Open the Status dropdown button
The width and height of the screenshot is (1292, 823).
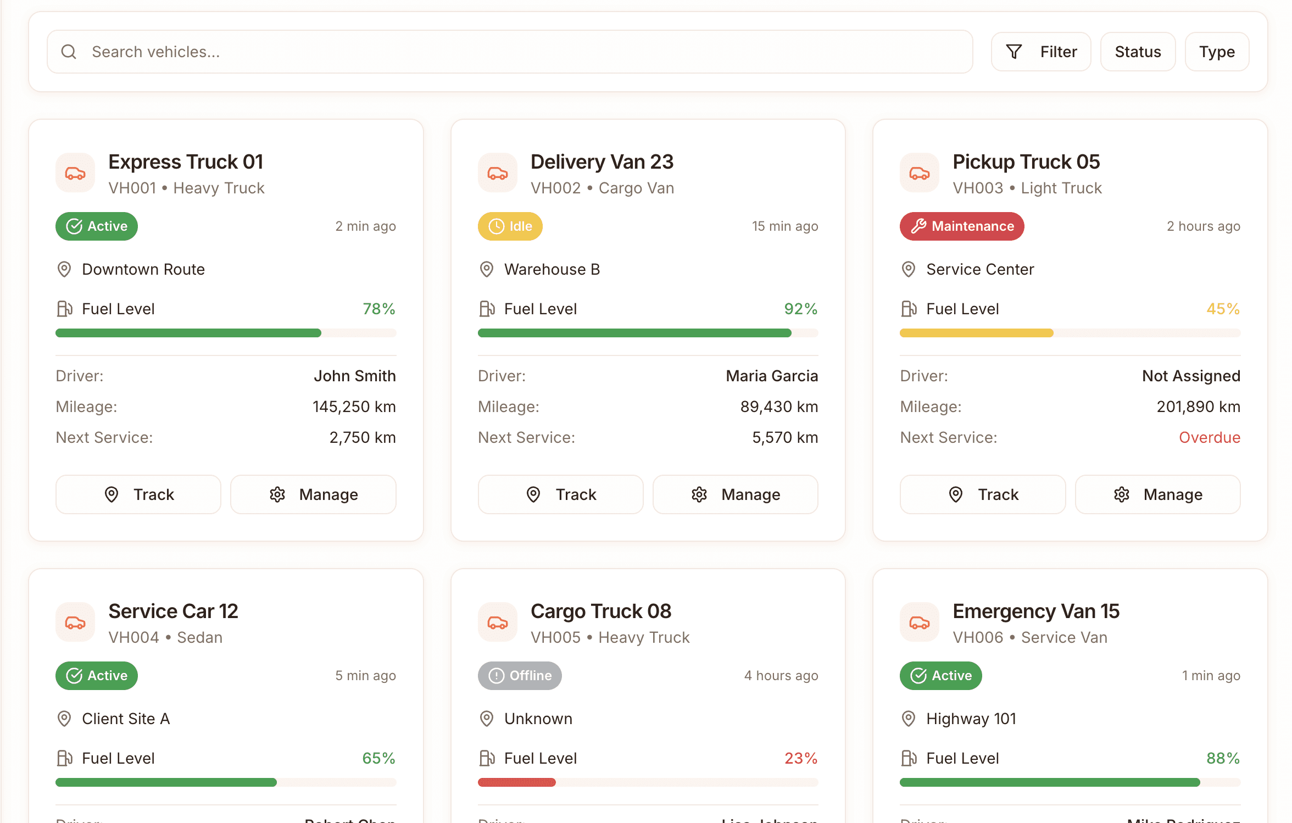pyautogui.click(x=1137, y=52)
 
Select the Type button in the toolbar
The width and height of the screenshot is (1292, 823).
pyautogui.click(x=1216, y=52)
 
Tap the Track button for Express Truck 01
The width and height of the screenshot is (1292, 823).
pyautogui.click(x=138, y=494)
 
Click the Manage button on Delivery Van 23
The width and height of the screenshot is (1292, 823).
pyautogui.click(x=735, y=494)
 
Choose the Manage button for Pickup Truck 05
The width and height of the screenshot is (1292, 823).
pyautogui.click(x=1157, y=494)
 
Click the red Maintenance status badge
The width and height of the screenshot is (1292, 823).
pyautogui.click(x=961, y=226)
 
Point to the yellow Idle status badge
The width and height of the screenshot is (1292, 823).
pyautogui.click(x=510, y=226)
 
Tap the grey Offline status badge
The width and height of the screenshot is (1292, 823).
pyautogui.click(x=519, y=676)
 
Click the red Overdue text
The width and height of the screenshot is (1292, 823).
pyautogui.click(x=1209, y=437)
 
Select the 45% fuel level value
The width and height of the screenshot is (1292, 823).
pyautogui.click(x=1223, y=309)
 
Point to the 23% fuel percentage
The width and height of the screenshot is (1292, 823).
pyautogui.click(x=800, y=758)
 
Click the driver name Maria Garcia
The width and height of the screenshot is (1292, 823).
pyautogui.click(x=771, y=376)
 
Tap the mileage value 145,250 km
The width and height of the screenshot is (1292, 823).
pyautogui.click(x=354, y=407)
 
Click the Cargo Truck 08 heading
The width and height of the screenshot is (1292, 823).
pyautogui.click(x=600, y=611)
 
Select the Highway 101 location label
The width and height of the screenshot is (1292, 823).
pyautogui.click(x=971, y=719)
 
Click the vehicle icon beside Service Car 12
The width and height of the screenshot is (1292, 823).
pyautogui.click(x=75, y=622)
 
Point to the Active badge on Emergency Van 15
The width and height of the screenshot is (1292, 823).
pyautogui.click(x=940, y=676)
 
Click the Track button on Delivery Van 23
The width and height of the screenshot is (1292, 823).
pyautogui.click(x=560, y=494)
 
